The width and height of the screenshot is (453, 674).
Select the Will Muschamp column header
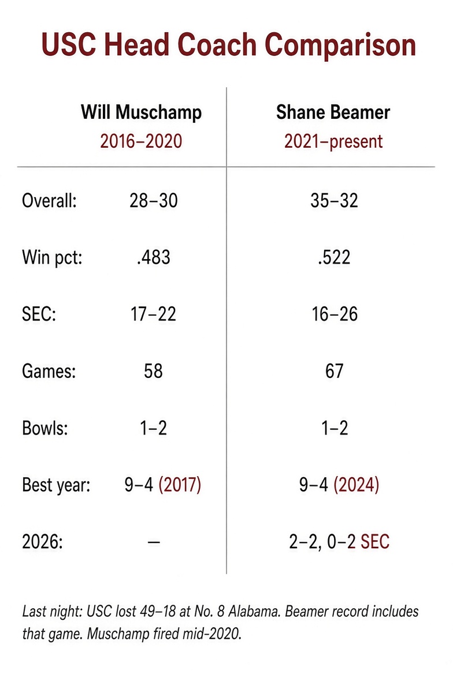[141, 112]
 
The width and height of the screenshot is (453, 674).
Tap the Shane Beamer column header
[333, 112]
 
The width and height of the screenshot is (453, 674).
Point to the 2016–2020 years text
[141, 141]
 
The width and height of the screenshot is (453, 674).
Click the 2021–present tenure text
[333, 141]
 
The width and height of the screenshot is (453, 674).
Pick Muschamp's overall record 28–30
[154, 200]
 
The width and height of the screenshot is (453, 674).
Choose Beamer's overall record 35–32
[334, 200]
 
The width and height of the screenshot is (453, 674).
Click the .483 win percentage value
[154, 257]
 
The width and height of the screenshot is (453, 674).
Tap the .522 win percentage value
[334, 257]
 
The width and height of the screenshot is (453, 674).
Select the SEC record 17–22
[154, 314]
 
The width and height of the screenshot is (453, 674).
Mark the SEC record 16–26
[335, 314]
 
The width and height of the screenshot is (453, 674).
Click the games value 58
[153, 371]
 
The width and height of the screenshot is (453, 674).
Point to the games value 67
[334, 371]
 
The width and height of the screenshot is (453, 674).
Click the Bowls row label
[45, 428]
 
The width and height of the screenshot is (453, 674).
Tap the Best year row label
[56, 485]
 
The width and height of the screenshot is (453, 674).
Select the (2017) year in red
[180, 485]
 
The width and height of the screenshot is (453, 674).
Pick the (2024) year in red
[357, 485]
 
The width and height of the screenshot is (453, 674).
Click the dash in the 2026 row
[154, 542]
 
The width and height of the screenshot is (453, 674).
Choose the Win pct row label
[52, 257]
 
